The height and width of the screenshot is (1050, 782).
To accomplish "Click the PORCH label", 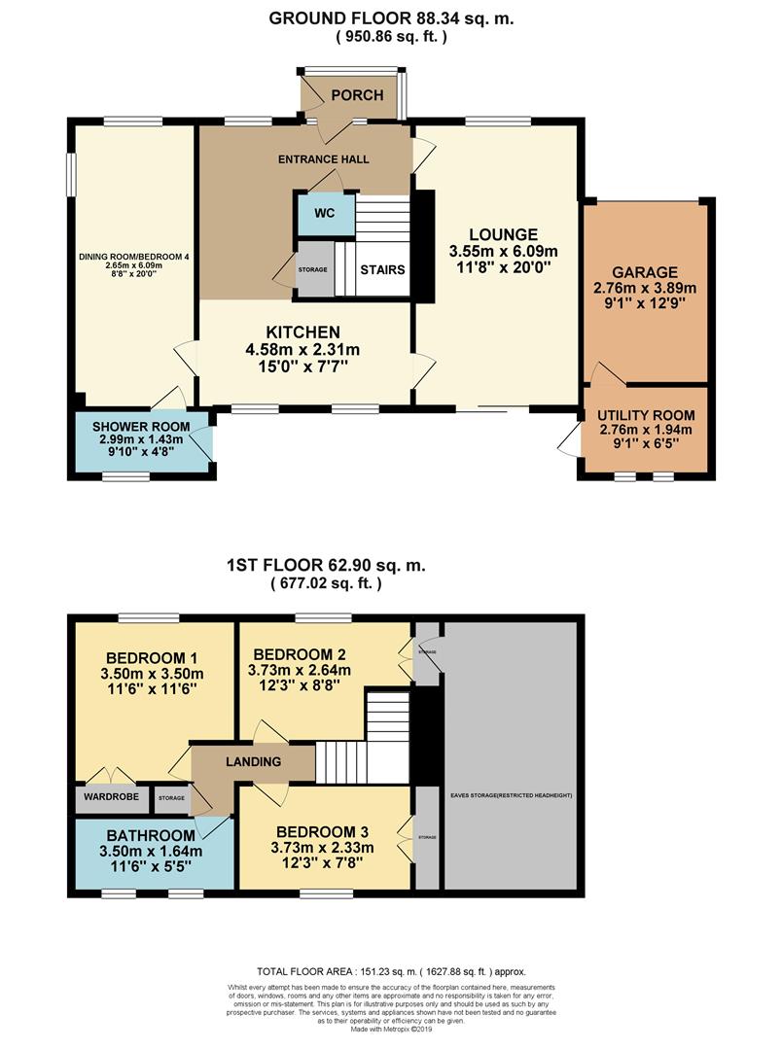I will (x=357, y=95).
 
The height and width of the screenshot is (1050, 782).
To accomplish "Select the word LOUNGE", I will (x=503, y=234).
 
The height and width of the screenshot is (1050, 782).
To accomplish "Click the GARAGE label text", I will (x=645, y=272).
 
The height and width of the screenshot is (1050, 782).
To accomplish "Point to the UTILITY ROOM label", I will (x=645, y=413).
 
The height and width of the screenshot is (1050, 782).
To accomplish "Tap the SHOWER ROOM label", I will (x=141, y=428).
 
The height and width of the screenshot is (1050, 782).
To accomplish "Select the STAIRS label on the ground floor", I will (x=382, y=269).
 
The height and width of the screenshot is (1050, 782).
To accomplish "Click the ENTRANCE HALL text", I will (x=324, y=159).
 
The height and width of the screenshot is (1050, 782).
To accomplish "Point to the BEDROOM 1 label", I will (x=153, y=654).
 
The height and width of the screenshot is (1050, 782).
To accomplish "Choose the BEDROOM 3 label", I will (x=322, y=831).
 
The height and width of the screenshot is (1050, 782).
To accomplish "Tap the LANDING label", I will (x=256, y=762).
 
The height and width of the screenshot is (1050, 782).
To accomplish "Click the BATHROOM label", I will (x=152, y=835).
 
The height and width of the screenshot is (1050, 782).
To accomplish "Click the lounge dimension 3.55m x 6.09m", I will (x=503, y=251).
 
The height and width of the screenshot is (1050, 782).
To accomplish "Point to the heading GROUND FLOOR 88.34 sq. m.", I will (x=391, y=17).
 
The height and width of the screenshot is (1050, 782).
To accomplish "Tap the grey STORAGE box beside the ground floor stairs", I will (x=313, y=268).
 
